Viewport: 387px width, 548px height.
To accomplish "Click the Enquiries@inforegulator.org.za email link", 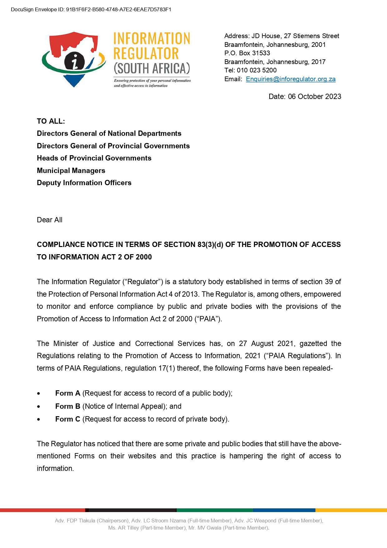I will coord(291,79).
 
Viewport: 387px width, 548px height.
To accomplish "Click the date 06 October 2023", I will coord(314,96).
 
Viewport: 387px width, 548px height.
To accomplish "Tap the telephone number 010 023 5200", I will coord(257,70).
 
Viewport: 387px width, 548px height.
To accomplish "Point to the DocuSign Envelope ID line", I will coord(91,9).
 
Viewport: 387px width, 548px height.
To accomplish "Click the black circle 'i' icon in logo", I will coord(75,61).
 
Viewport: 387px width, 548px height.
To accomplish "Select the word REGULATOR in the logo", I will coord(146,53).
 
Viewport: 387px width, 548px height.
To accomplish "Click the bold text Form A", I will coord(68,393).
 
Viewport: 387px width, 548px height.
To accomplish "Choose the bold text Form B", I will coord(68,406).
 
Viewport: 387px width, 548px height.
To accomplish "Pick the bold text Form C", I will coord(68,419).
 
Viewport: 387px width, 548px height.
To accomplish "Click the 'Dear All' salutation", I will coord(50,220).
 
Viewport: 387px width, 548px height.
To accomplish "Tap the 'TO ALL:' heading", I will coord(51,121).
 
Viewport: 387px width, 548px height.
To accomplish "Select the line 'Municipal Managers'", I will coord(71,170).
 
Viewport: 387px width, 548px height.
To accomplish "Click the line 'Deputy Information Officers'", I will coord(84,183).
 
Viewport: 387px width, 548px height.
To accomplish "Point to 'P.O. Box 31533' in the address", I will coord(247,53).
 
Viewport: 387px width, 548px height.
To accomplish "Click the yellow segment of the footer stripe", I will coord(351,510).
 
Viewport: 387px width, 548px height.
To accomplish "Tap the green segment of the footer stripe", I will coord(215,510).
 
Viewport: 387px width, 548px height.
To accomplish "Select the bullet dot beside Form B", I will coord(38,407).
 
